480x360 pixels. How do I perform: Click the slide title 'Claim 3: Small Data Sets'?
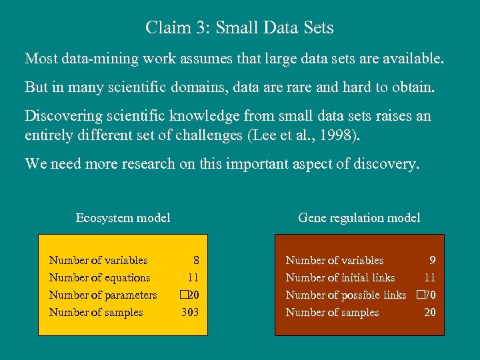(239, 28)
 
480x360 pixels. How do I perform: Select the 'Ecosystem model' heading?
(123, 217)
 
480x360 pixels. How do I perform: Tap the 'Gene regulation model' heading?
(359, 217)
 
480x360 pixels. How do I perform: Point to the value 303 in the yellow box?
(191, 312)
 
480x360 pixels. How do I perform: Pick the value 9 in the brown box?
(433, 260)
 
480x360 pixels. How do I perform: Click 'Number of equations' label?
(99, 277)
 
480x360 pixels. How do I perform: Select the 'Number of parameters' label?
(103, 295)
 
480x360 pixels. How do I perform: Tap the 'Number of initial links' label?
(340, 277)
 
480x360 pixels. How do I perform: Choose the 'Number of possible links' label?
(345, 295)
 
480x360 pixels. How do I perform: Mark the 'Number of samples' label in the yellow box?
(96, 312)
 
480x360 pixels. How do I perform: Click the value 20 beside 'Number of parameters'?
(193, 295)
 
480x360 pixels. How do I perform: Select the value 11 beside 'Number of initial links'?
(430, 277)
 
